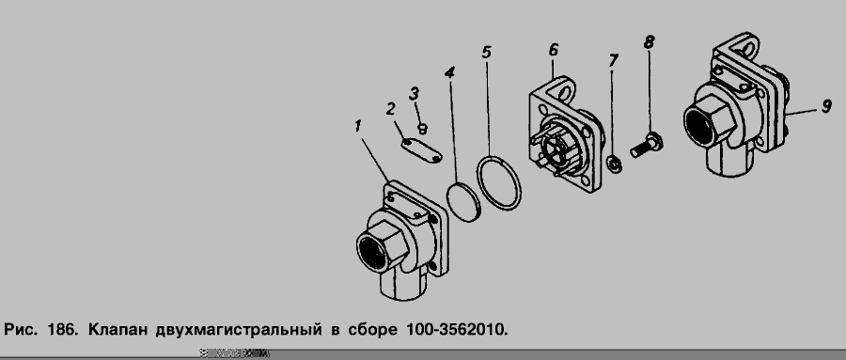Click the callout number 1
(x=357, y=126)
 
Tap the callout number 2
(x=391, y=108)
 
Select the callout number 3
(x=414, y=94)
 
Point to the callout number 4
(x=449, y=73)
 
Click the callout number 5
(x=487, y=53)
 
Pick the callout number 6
(x=554, y=50)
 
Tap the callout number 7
(x=613, y=60)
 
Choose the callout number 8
(x=649, y=41)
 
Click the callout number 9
(x=826, y=107)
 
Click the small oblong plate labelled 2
(x=422, y=150)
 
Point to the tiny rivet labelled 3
(x=423, y=129)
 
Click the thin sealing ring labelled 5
(x=499, y=182)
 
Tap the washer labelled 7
(x=614, y=164)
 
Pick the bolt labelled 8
(x=647, y=146)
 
